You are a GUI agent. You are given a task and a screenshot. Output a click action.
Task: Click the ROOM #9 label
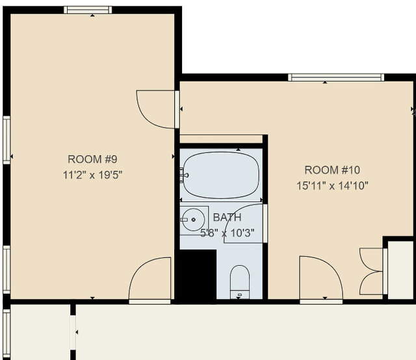coord(92,159)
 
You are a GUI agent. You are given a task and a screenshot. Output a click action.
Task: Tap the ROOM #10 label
coord(332,170)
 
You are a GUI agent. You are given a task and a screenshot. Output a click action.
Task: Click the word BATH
coord(227,218)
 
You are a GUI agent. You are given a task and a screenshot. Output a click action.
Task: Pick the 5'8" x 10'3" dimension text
coord(226,232)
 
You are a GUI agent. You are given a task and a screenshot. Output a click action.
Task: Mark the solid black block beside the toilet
coord(196,274)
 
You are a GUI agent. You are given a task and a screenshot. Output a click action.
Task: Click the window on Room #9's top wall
coord(88,10)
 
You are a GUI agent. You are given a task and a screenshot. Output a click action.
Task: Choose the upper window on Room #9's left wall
coord(6,140)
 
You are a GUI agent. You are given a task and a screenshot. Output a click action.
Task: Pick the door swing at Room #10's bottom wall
coord(320,279)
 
